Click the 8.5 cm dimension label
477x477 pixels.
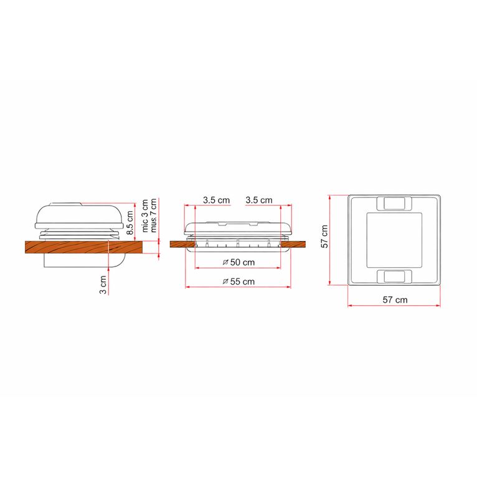pos(130,222)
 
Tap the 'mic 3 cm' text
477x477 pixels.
pos(145,215)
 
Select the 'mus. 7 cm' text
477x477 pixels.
pos(153,215)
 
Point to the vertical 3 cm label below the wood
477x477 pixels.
pos(103,285)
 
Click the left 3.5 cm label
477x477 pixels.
pos(216,200)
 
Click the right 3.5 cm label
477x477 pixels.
pos(259,200)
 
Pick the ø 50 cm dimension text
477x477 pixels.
pos(238,262)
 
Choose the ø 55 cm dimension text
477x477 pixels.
pos(238,281)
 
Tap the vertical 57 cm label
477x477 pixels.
pos(325,237)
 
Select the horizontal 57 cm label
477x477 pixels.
pos(395,300)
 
